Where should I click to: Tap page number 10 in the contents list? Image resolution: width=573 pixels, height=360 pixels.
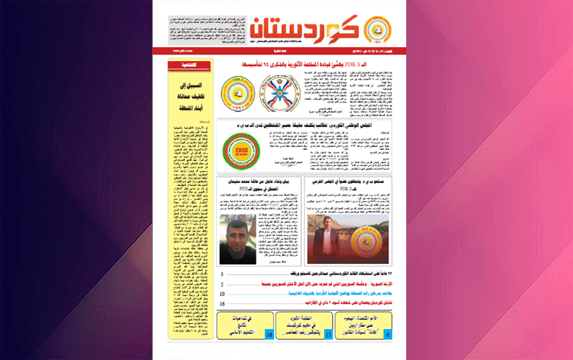221,293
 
